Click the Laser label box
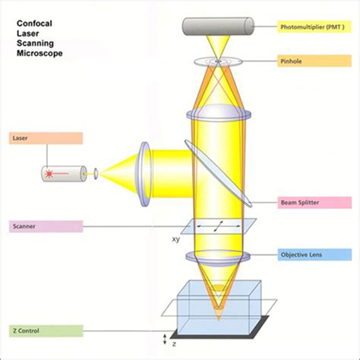[46, 138]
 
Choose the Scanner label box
[46, 226]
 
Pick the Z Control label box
[46, 330]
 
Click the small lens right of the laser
[96, 173]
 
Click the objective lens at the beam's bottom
[216, 256]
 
